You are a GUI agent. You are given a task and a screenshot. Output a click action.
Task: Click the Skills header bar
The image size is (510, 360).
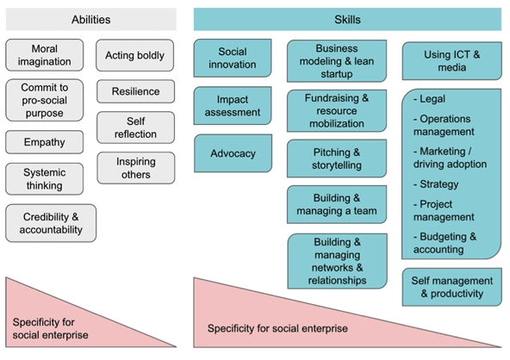[x=347, y=19]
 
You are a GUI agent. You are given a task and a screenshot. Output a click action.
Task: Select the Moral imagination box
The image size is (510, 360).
[x=45, y=55]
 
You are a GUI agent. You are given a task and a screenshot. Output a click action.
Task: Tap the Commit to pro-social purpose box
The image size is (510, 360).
[x=45, y=100]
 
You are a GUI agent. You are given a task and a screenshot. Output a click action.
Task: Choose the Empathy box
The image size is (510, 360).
[x=45, y=142]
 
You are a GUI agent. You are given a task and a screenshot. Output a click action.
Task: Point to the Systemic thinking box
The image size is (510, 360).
[x=45, y=178]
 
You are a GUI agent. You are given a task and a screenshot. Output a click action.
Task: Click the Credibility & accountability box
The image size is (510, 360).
[x=51, y=222]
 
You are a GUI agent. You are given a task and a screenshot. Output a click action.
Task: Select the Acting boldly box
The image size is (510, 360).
[x=134, y=56]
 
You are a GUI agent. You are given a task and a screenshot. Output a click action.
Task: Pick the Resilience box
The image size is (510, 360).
[x=134, y=90]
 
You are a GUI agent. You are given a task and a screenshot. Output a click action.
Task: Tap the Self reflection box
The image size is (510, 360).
[x=135, y=128]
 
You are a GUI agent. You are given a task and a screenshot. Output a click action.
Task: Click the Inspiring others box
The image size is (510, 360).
[x=135, y=168]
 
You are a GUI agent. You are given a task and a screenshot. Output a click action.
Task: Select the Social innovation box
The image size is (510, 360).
[x=233, y=59]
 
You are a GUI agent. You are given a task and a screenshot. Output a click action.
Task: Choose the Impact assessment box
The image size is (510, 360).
[x=233, y=106]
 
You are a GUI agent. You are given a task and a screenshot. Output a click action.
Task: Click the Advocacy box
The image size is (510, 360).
[x=233, y=153]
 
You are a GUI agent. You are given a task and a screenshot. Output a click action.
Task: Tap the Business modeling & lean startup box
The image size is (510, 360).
[x=337, y=61]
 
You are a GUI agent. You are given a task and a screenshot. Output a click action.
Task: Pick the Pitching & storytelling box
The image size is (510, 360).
[x=337, y=158]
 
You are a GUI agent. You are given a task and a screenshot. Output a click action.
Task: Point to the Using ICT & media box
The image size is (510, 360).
[x=451, y=61]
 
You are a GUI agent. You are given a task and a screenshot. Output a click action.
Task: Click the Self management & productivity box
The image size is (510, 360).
[x=451, y=287]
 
